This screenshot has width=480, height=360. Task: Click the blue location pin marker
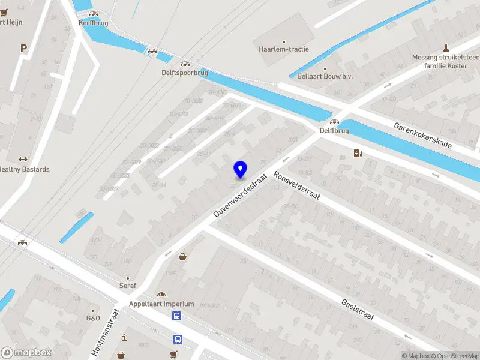click(x=240, y=170)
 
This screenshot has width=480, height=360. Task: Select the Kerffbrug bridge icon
click(x=92, y=14)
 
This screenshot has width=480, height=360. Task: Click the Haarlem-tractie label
click(x=283, y=49)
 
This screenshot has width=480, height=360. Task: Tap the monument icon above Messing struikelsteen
click(x=446, y=47)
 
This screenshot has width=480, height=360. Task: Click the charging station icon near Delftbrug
click(x=358, y=153)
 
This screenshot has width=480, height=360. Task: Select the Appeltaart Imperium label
click(x=161, y=304)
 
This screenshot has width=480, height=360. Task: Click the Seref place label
click(x=127, y=285)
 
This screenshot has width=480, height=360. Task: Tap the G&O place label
click(x=93, y=318)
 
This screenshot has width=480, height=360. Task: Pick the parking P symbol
click(x=24, y=49)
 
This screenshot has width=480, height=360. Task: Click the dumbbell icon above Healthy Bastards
click(x=23, y=160)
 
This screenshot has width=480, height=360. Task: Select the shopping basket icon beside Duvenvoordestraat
click(x=182, y=257)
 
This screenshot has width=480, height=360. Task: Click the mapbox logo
click(x=26, y=353)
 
